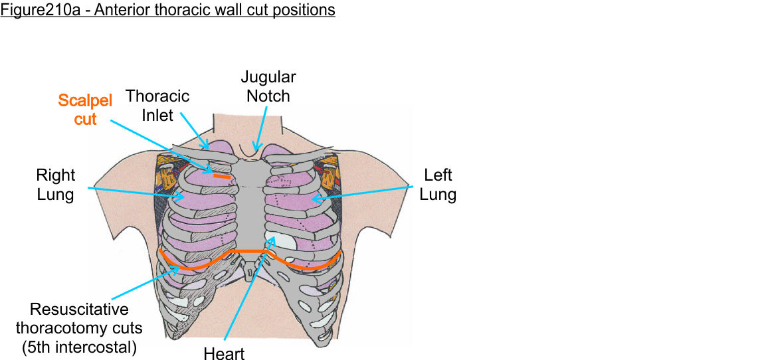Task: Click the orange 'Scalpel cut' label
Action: (85, 110)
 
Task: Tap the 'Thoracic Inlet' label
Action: (157, 106)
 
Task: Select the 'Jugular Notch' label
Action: (268, 86)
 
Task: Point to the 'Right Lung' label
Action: (56, 185)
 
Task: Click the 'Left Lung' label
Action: (438, 185)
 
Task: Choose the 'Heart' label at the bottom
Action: (225, 353)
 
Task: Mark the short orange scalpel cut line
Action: (222, 177)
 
